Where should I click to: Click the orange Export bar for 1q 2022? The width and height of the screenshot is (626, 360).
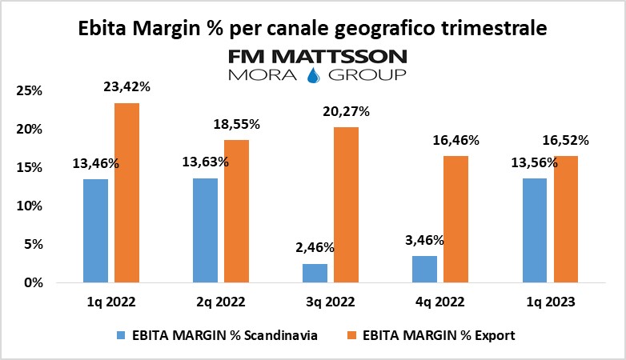point(126,193)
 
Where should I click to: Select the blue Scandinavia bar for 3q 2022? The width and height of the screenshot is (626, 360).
point(315,273)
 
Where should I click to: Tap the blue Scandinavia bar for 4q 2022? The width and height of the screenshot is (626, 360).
point(425,270)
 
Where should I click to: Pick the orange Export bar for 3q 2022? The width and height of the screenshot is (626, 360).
point(345,205)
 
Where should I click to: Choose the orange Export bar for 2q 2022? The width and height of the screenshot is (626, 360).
point(236,211)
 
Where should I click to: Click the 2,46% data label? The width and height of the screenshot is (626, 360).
point(315,248)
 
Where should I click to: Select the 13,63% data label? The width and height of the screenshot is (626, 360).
point(206,162)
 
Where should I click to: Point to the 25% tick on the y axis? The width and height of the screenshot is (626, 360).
point(29,90)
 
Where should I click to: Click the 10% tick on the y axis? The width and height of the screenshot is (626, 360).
point(29,206)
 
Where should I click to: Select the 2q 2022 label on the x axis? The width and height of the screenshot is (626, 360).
point(221,303)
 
